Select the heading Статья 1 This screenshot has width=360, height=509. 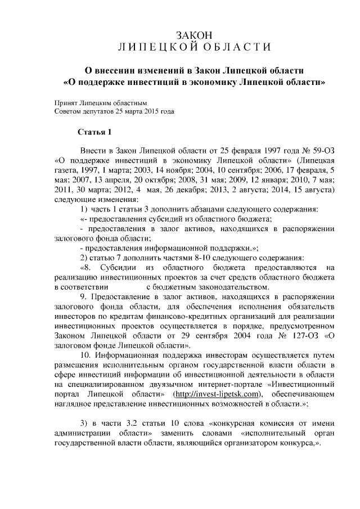(x=94, y=133)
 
